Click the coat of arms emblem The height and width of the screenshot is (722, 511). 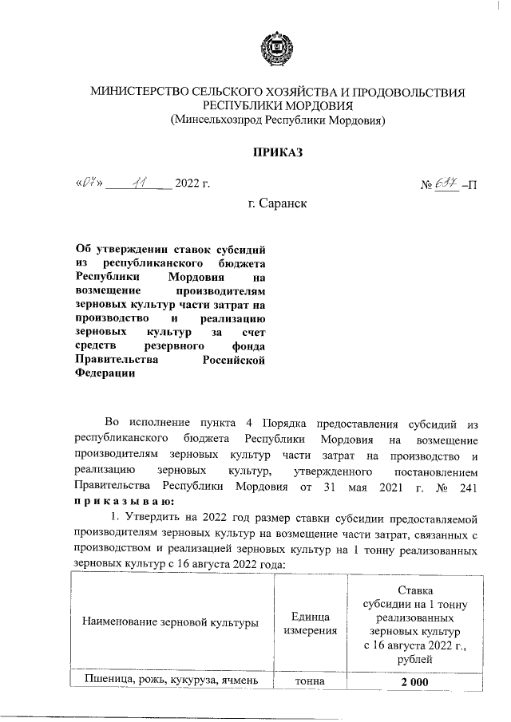pos(279,50)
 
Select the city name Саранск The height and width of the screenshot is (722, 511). pos(278,203)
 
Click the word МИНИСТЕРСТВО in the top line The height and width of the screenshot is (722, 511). pos(143,93)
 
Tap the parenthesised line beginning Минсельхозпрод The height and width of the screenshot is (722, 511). pos(278,120)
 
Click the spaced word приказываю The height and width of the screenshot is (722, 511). pos(118,500)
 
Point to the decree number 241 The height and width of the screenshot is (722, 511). pos(469,486)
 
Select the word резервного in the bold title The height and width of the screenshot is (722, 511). pos(176,346)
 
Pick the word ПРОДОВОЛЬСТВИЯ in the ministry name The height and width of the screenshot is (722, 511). pos(403,93)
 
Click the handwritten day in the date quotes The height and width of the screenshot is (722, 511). pos(85,186)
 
